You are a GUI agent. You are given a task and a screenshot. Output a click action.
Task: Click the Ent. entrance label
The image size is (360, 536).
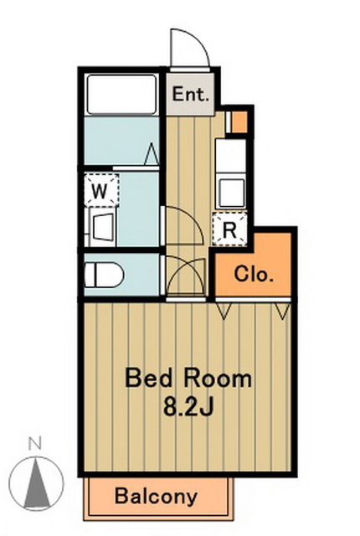click(x=190, y=94)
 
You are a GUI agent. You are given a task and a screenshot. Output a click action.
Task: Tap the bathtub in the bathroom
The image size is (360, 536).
click(x=121, y=95)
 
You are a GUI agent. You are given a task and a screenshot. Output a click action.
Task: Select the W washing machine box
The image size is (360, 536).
click(x=101, y=190)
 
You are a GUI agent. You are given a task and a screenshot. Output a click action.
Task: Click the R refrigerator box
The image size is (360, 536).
click(x=229, y=229)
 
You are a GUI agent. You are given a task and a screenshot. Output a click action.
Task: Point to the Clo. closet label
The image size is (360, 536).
click(x=254, y=274)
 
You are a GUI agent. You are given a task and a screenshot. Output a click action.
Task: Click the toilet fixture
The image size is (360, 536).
click(x=104, y=275)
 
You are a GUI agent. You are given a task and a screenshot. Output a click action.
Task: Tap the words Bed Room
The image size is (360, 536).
click(x=188, y=379)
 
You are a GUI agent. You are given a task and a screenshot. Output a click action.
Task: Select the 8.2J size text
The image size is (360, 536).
click(x=188, y=406)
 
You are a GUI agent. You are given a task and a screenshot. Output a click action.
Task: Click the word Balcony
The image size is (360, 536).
click(x=156, y=496)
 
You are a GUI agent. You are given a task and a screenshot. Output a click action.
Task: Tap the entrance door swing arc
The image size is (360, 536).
click(x=195, y=40)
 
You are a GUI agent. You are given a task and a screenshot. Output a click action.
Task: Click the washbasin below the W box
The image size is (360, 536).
click(x=103, y=227)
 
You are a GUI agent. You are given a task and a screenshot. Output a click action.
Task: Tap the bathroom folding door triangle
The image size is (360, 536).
click(x=152, y=154)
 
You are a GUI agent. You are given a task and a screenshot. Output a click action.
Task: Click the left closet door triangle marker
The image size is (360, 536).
click(x=224, y=311)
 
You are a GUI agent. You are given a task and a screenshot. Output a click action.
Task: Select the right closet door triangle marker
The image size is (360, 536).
click(x=283, y=311)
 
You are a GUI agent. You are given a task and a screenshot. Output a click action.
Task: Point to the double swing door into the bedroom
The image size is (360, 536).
click(x=186, y=276)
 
